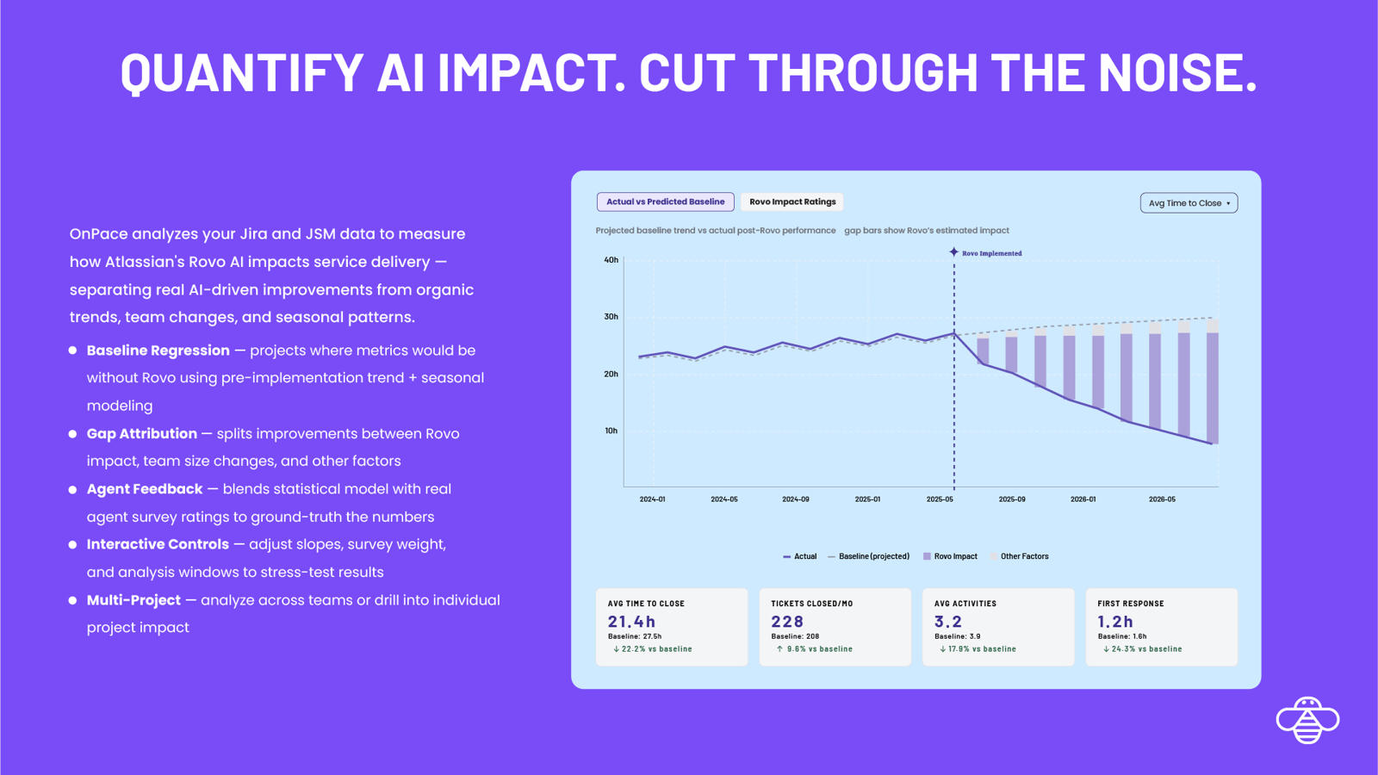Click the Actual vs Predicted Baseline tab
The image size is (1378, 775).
click(665, 202)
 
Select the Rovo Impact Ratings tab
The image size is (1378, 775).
click(792, 202)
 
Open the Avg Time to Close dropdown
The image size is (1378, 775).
click(1189, 203)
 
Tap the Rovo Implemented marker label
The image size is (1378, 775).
click(991, 253)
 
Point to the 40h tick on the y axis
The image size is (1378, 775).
click(611, 260)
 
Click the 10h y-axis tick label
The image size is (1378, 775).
click(611, 431)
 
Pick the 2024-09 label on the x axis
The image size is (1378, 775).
click(795, 499)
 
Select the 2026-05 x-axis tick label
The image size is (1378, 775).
click(1162, 499)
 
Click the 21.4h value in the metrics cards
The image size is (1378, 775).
click(631, 622)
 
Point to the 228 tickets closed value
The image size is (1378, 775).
click(787, 622)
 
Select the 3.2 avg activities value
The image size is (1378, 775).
click(948, 622)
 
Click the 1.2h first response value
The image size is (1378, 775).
click(1115, 622)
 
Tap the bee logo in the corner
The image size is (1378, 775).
click(1307, 720)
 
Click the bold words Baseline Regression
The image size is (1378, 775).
click(158, 350)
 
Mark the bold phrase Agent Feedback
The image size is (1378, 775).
click(145, 489)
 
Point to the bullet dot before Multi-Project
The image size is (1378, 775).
click(72, 600)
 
